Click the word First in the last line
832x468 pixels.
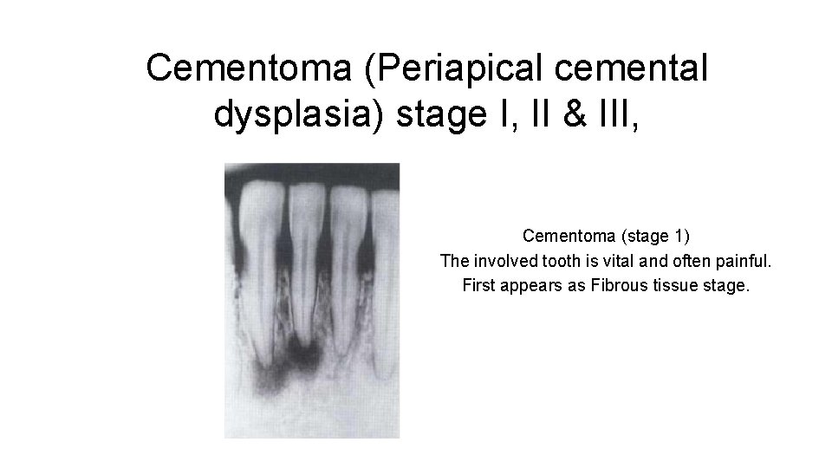click(x=478, y=284)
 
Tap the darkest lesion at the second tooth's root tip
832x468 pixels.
click(x=302, y=354)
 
